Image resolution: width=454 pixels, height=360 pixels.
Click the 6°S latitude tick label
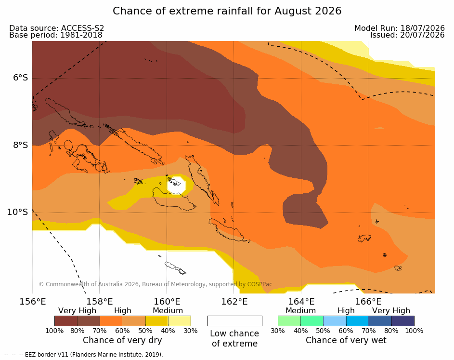(x=20, y=78)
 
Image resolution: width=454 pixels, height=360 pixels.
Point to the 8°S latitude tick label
(x=20, y=145)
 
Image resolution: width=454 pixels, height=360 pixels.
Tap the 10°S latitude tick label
(x=17, y=212)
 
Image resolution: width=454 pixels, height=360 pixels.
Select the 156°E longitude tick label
(x=32, y=302)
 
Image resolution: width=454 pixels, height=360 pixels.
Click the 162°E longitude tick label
(x=234, y=302)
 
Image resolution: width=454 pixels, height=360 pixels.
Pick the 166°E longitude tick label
(x=368, y=302)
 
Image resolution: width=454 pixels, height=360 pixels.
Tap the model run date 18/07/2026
(x=422, y=28)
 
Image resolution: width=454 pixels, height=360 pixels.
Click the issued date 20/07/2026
(x=422, y=35)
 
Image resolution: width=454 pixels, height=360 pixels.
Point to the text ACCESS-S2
(x=82, y=28)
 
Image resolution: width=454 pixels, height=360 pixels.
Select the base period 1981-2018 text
(x=81, y=35)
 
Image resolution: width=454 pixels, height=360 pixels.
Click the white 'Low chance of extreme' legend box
(x=235, y=321)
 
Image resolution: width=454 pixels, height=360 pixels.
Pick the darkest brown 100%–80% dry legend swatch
(x=66, y=321)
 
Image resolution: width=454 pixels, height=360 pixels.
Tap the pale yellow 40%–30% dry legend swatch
(x=180, y=321)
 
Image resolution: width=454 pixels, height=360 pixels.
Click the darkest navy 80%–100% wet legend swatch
(x=403, y=321)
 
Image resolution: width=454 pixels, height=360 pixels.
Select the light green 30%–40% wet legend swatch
(x=289, y=321)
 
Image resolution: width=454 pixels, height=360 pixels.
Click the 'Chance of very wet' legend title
(x=346, y=340)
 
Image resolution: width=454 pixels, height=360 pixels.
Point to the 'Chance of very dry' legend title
(x=122, y=340)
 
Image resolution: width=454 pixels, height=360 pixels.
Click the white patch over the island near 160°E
(x=176, y=185)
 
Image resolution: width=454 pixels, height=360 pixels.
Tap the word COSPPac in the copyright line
(x=259, y=284)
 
